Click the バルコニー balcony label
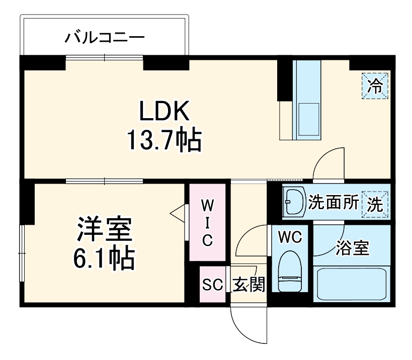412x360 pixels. [105, 37]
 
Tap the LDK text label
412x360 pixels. [164, 112]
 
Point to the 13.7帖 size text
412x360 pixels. [164, 141]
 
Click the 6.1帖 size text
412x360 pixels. [104, 259]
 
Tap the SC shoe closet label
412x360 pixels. [212, 285]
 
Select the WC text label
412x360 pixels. [290, 237]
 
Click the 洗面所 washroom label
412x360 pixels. [333, 203]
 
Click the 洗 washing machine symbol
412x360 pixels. [375, 204]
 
